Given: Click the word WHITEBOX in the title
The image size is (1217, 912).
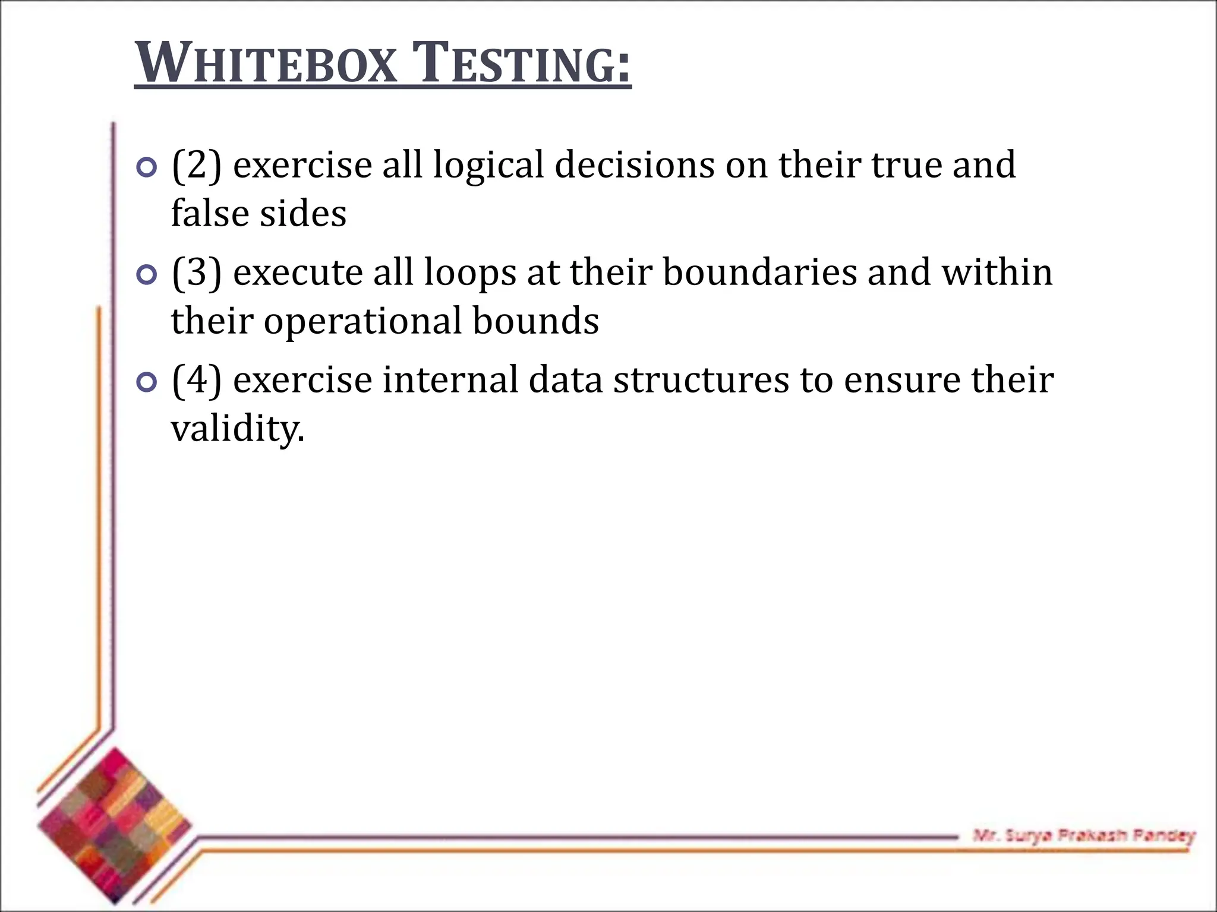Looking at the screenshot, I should tap(266, 64).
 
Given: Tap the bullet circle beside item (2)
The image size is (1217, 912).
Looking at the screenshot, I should tap(146, 168).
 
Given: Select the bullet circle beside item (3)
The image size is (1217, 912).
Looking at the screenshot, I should tap(146, 275).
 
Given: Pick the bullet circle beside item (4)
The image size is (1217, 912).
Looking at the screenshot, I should tap(146, 382).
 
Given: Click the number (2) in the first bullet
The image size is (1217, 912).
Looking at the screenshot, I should tap(197, 165).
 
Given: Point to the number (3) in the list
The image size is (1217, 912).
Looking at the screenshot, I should tap(197, 273).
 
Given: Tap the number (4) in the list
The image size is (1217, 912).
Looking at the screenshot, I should tap(197, 380).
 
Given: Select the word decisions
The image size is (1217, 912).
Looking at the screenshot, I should tap(635, 165).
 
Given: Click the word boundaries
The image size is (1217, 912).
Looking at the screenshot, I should tap(759, 273).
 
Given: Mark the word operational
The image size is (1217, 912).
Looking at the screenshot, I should tap(362, 321).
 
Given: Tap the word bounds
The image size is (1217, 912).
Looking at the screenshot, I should tap(536, 321).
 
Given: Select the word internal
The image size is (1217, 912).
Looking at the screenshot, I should tap(450, 380).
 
